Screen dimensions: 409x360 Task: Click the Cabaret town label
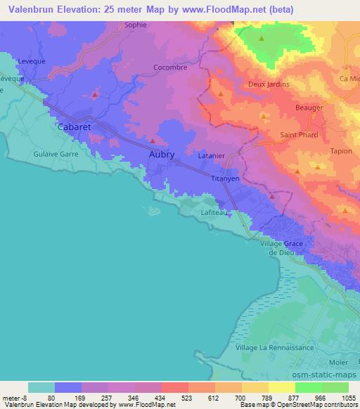click(x=74, y=127)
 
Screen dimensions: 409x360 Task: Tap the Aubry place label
click(x=161, y=153)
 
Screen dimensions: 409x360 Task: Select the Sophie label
click(x=136, y=25)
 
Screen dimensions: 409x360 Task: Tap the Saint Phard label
click(x=299, y=135)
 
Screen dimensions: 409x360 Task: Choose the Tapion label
click(x=340, y=151)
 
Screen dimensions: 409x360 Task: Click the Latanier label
click(x=211, y=155)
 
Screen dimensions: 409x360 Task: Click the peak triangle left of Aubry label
click(x=153, y=141)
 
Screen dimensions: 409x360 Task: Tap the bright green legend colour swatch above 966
click(x=309, y=387)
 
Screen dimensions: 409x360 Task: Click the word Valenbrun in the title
click(x=29, y=10)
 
